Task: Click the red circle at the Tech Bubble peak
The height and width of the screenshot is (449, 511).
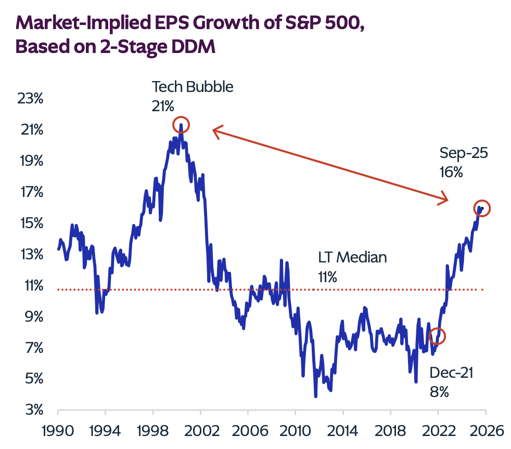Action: (x=181, y=125)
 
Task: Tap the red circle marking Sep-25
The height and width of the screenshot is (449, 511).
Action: (x=482, y=208)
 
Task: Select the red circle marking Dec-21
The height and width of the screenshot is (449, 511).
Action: (x=438, y=336)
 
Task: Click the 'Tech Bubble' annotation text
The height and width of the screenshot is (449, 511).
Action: (x=193, y=87)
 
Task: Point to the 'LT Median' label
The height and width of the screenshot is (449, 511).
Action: (x=352, y=258)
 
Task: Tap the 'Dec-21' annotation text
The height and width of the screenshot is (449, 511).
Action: (x=451, y=373)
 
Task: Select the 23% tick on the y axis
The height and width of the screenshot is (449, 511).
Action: (x=30, y=98)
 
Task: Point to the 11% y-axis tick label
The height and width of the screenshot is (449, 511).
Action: (x=30, y=285)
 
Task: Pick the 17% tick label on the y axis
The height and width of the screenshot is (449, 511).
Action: (x=30, y=192)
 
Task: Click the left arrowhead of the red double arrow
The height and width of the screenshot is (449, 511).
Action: (x=214, y=130)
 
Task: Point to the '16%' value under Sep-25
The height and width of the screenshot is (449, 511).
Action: (x=451, y=172)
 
